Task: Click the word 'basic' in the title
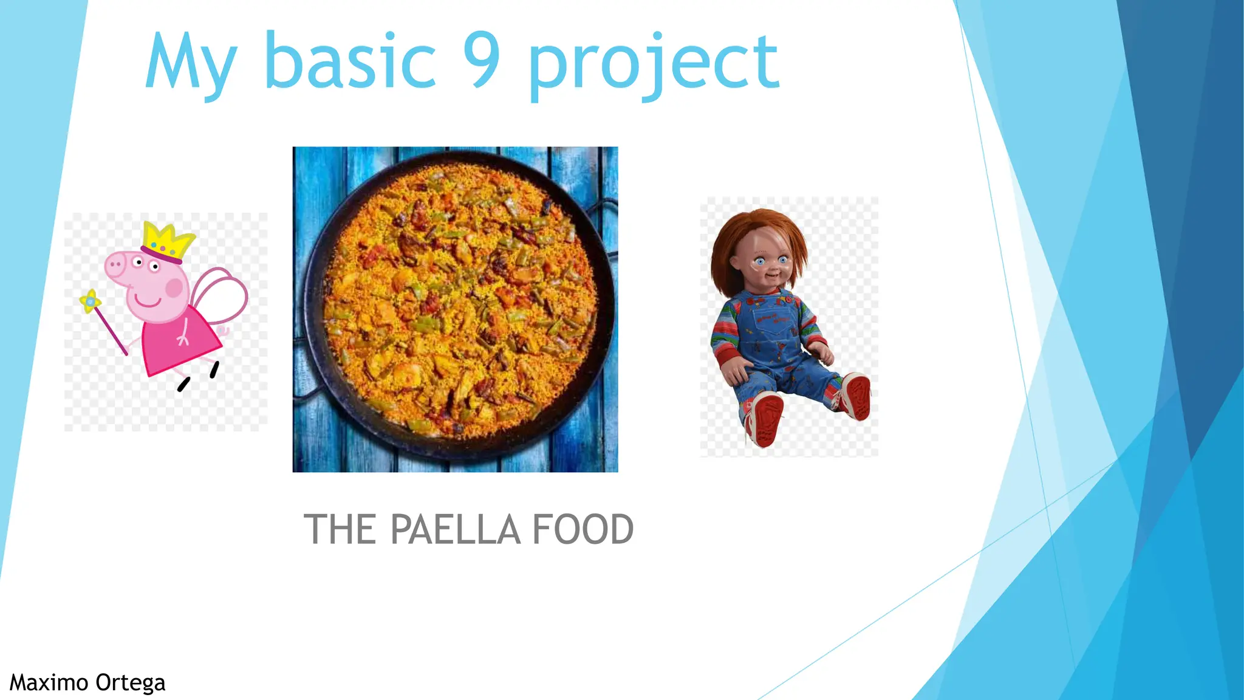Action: click(350, 61)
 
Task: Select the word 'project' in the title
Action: click(653, 64)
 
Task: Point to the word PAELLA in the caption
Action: click(455, 529)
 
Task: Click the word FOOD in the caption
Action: click(583, 529)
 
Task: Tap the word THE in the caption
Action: click(340, 529)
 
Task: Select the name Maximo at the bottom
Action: click(49, 682)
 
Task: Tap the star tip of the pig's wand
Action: click(91, 301)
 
